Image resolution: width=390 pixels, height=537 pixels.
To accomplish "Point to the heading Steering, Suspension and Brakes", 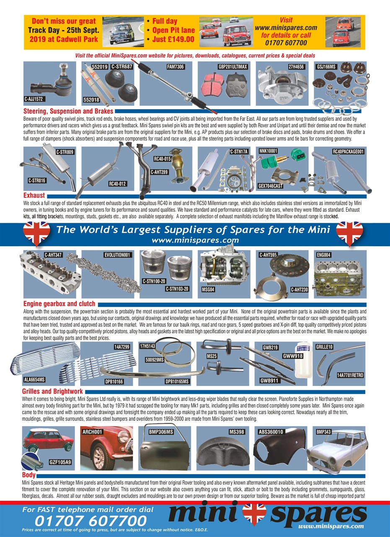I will pyautogui.click(x=68, y=112).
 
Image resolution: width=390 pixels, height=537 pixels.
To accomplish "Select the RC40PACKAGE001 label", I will pyautogui.click(x=348, y=151).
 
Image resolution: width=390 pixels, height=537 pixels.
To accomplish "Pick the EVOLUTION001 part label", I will pyautogui.click(x=119, y=255).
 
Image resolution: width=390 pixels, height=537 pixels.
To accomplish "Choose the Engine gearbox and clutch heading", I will pyautogui.click(x=59, y=304).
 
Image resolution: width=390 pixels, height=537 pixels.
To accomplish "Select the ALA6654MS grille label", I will pyautogui.click(x=34, y=380).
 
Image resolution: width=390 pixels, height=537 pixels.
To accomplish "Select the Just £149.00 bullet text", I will pyautogui.click(x=170, y=39).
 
